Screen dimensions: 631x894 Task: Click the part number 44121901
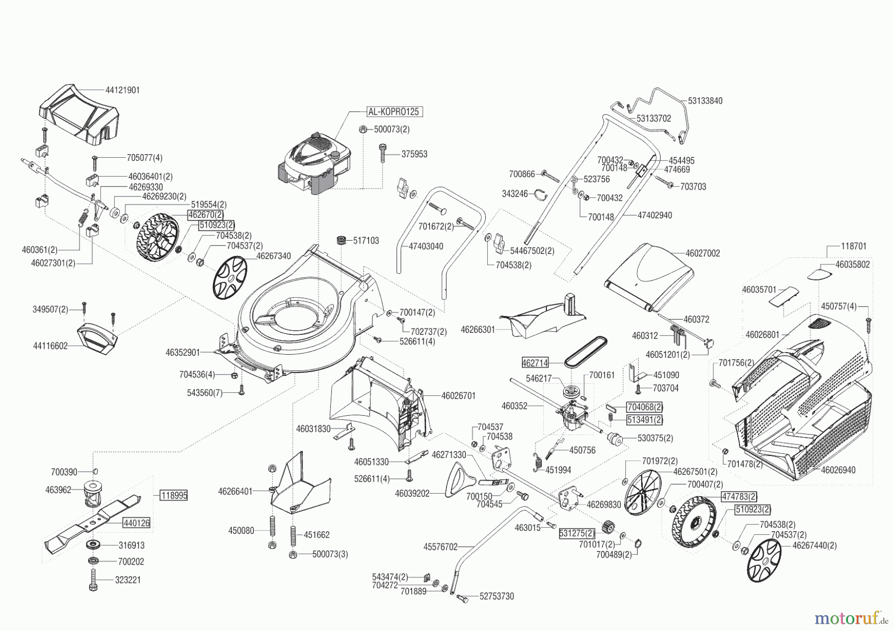click(123, 90)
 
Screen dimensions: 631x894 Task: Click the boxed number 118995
click(174, 496)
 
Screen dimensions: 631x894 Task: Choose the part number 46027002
click(702, 253)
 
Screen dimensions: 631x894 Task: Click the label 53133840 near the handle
click(705, 101)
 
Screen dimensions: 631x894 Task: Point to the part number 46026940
click(838, 470)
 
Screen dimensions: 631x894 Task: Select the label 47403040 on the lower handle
click(426, 246)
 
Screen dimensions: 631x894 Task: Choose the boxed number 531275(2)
click(577, 534)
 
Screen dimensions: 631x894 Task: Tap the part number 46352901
click(183, 353)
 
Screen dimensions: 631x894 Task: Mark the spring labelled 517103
click(341, 241)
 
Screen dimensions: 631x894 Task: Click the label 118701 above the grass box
click(854, 246)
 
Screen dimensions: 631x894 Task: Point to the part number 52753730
click(497, 596)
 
